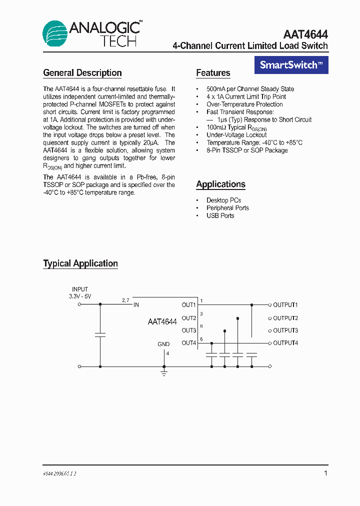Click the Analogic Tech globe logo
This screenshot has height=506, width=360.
[x=54, y=34]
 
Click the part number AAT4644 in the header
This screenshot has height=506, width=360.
[x=305, y=34]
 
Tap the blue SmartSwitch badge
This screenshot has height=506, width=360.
[x=291, y=65]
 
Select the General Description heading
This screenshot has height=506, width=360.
[x=82, y=73]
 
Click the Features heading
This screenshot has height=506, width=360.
[x=213, y=73]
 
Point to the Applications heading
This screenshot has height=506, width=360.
[x=220, y=184]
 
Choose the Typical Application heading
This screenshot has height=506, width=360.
[x=80, y=263]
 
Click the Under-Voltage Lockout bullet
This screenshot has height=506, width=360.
[x=236, y=135]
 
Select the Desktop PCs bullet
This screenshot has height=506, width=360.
[x=223, y=200]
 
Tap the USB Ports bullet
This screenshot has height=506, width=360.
[x=220, y=215]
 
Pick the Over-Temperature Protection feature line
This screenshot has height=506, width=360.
[x=244, y=104]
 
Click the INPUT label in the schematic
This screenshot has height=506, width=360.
[x=80, y=289]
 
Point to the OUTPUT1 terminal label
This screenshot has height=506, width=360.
[x=285, y=305]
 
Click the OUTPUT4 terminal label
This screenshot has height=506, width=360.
[x=285, y=343]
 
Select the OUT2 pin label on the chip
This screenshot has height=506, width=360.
[x=188, y=318]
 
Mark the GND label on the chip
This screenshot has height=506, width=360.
[x=163, y=344]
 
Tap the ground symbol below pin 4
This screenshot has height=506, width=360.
[x=163, y=372]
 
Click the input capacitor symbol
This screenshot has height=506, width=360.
[x=100, y=334]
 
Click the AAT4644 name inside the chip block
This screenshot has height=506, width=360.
[x=162, y=322]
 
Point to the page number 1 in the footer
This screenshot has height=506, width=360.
[x=325, y=473]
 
